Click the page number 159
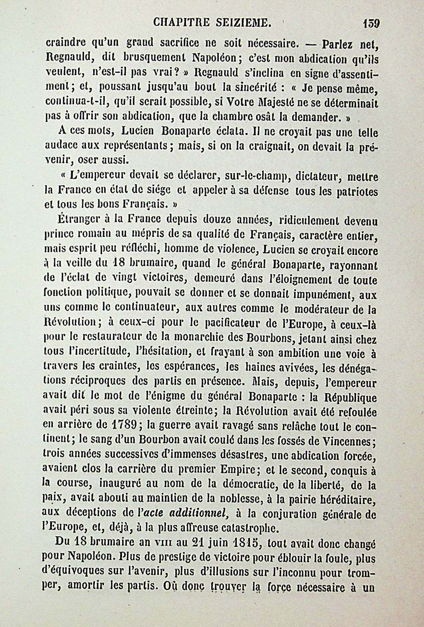coord(371,24)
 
